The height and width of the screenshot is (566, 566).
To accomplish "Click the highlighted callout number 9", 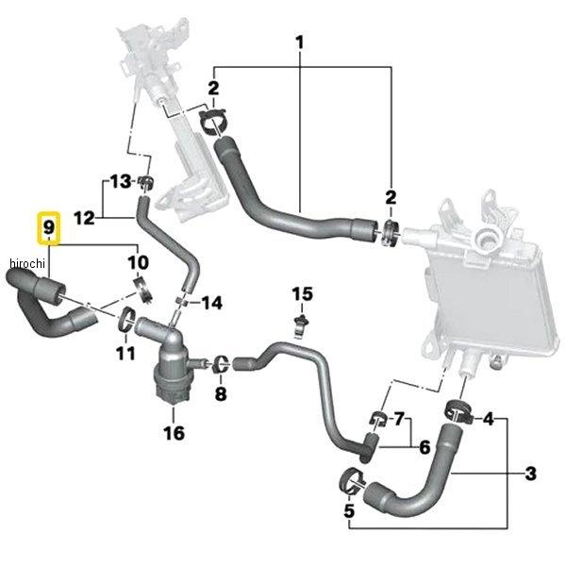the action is click(x=49, y=227).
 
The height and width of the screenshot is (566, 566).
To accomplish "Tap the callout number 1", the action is click(x=300, y=42).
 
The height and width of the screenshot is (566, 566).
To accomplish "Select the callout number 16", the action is click(x=174, y=433).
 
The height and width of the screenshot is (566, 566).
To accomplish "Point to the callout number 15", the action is click(x=302, y=294).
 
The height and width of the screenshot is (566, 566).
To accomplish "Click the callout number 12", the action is click(x=85, y=218).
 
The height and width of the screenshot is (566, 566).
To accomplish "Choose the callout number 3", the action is click(x=530, y=474).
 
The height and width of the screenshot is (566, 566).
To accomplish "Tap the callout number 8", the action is click(x=221, y=393).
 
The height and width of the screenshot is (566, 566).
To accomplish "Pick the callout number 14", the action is click(x=211, y=303).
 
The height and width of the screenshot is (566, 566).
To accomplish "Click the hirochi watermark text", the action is click(x=27, y=263).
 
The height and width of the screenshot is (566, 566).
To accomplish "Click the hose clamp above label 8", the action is click(x=220, y=364).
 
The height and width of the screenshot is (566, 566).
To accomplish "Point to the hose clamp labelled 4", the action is click(x=458, y=412).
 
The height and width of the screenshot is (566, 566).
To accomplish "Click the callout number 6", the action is click(x=424, y=447).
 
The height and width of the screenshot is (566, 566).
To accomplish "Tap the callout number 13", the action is click(x=121, y=181).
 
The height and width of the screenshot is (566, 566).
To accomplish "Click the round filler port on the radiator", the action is click(x=486, y=239).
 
